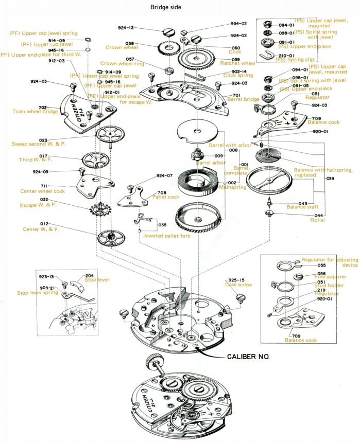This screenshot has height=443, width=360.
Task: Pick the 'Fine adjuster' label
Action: click(331, 277)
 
